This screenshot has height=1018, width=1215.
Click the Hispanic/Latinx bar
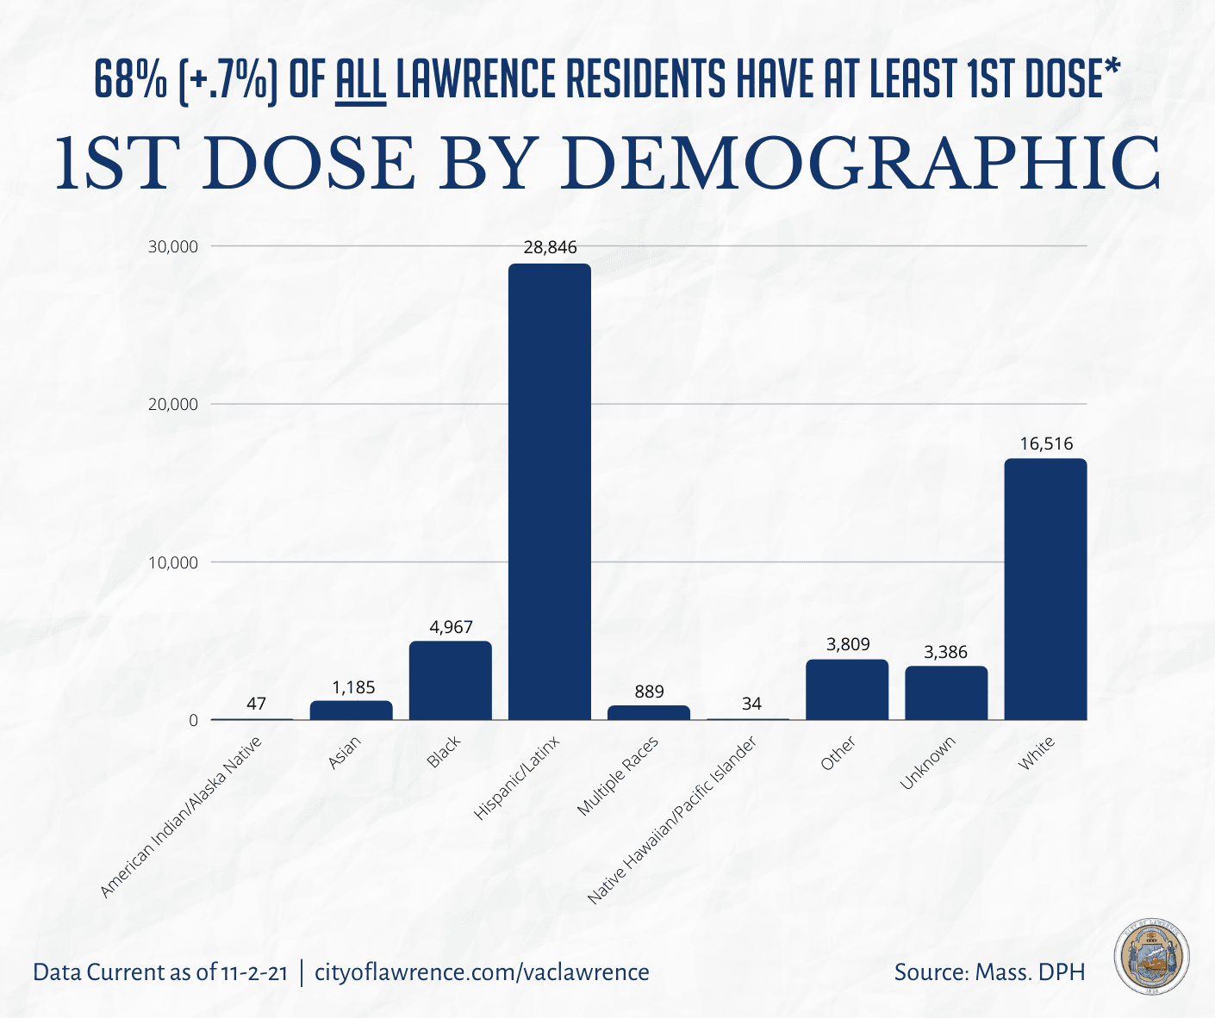pyautogui.click(x=549, y=491)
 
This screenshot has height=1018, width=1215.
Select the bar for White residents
pyautogui.click(x=1045, y=589)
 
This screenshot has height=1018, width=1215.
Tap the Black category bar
pyautogui.click(x=450, y=680)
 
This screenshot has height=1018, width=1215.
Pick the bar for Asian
pyautogui.click(x=351, y=711)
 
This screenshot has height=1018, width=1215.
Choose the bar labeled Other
pyautogui.click(x=847, y=689)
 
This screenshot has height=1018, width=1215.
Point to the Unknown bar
pyautogui.click(x=946, y=692)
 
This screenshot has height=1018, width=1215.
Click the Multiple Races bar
pyautogui.click(x=649, y=713)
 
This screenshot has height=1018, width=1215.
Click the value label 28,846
pyautogui.click(x=550, y=248)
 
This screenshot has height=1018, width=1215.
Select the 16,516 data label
pyautogui.click(x=1046, y=444)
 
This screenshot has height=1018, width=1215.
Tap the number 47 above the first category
pyautogui.click(x=256, y=704)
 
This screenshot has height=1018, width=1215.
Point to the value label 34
pyautogui.click(x=751, y=704)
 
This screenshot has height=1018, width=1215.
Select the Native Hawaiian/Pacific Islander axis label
pyautogui.click(x=672, y=820)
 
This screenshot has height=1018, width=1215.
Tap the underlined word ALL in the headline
pyautogui.click(x=359, y=80)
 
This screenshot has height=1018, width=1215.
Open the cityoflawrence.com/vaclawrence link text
pyautogui.click(x=482, y=972)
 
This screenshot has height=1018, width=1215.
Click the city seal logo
pyautogui.click(x=1151, y=956)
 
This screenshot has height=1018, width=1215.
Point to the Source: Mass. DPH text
pyautogui.click(x=989, y=972)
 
